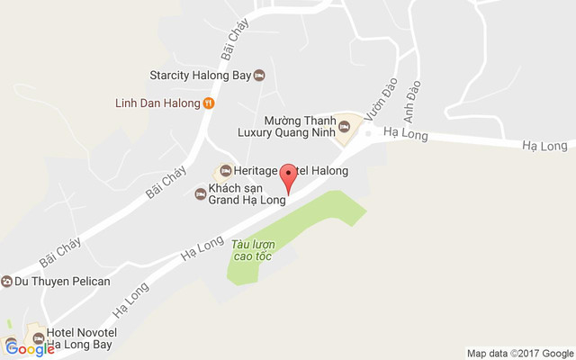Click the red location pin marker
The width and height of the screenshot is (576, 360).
[x=288, y=175]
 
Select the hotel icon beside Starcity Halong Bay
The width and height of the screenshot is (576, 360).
[x=260, y=75]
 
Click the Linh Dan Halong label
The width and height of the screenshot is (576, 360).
[x=157, y=103]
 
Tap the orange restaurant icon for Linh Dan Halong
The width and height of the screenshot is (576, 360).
[x=208, y=103]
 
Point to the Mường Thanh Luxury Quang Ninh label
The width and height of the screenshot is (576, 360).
[x=286, y=125]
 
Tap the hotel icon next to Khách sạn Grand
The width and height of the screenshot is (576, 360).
[x=200, y=193]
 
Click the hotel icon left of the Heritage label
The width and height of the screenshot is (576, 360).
[x=225, y=171]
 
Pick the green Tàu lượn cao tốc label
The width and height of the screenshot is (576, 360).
[x=251, y=250]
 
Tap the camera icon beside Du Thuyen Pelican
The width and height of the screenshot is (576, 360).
[x=6, y=282]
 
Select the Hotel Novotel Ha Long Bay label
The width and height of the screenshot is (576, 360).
[x=80, y=338]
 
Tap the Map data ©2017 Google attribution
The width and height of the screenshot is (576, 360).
[x=519, y=353]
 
